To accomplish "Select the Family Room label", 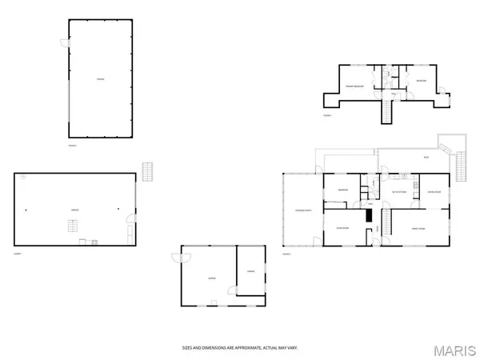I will (x=418, y=228).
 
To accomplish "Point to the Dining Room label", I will (x=434, y=192).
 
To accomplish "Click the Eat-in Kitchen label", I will (x=401, y=192).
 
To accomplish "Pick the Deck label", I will (x=426, y=157).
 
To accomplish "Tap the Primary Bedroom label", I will (x=354, y=86).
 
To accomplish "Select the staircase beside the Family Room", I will (x=386, y=222).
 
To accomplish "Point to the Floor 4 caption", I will (x=327, y=115).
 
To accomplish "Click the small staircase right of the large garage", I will (x=146, y=171).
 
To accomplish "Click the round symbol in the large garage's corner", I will (x=23, y=176).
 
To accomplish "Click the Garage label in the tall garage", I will (x=100, y=79).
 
